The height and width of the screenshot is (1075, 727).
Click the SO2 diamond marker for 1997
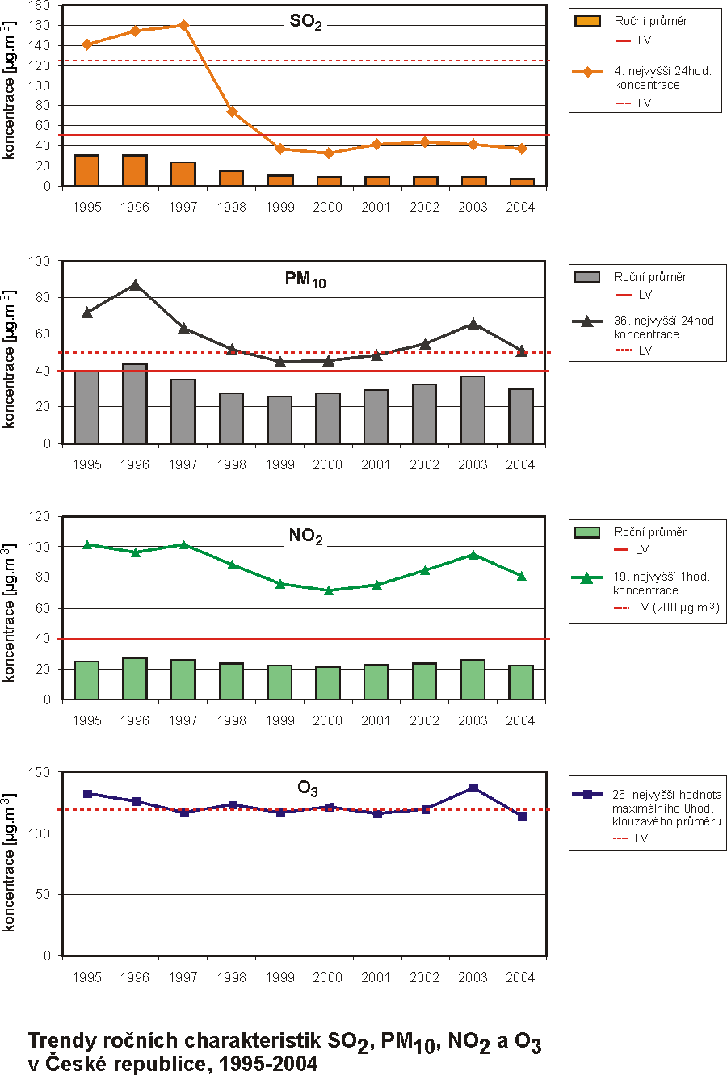pyautogui.click(x=183, y=25)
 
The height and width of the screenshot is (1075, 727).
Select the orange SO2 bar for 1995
pyautogui.click(x=86, y=170)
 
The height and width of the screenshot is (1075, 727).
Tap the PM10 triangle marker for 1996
pyautogui.click(x=135, y=285)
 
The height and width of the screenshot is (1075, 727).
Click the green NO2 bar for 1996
pyautogui.click(x=135, y=678)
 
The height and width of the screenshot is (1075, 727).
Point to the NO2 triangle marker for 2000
pyautogui.click(x=328, y=590)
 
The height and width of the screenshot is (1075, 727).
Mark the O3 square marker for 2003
pyautogui.click(x=473, y=788)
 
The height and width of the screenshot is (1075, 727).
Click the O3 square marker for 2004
pyautogui.click(x=522, y=817)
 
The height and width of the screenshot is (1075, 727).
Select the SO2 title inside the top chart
pyautogui.click(x=306, y=23)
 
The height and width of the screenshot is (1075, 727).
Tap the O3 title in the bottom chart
pyautogui.click(x=308, y=787)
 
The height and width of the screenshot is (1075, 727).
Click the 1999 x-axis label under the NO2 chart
pyautogui.click(x=279, y=721)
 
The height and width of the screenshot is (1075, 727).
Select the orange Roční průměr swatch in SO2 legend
pyautogui.click(x=587, y=21)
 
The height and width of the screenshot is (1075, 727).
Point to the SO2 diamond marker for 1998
pyautogui.click(x=232, y=111)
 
